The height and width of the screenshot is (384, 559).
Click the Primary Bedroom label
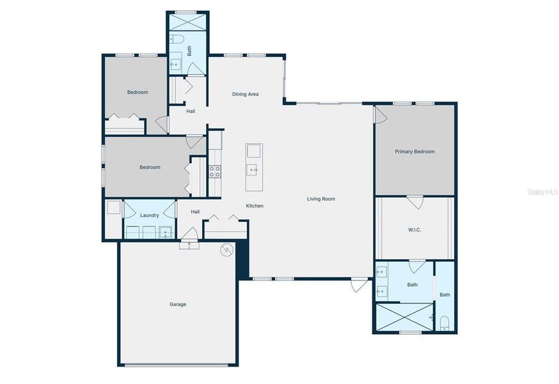coord(414,152)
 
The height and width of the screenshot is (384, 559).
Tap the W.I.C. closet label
coord(414,230)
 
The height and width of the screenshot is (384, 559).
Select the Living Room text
coord(320,199)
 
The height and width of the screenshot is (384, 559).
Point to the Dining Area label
coord(245,94)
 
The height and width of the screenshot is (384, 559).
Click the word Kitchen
coord(255,206)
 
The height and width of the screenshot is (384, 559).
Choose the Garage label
coord(178,304)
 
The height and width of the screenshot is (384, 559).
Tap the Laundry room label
coord(150,215)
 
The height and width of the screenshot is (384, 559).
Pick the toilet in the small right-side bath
coord(444,321)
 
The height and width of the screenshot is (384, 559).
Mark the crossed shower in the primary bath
coord(404,317)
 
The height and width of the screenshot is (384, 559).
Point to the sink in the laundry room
coord(166,232)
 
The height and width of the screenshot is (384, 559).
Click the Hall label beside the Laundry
coord(195,212)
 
